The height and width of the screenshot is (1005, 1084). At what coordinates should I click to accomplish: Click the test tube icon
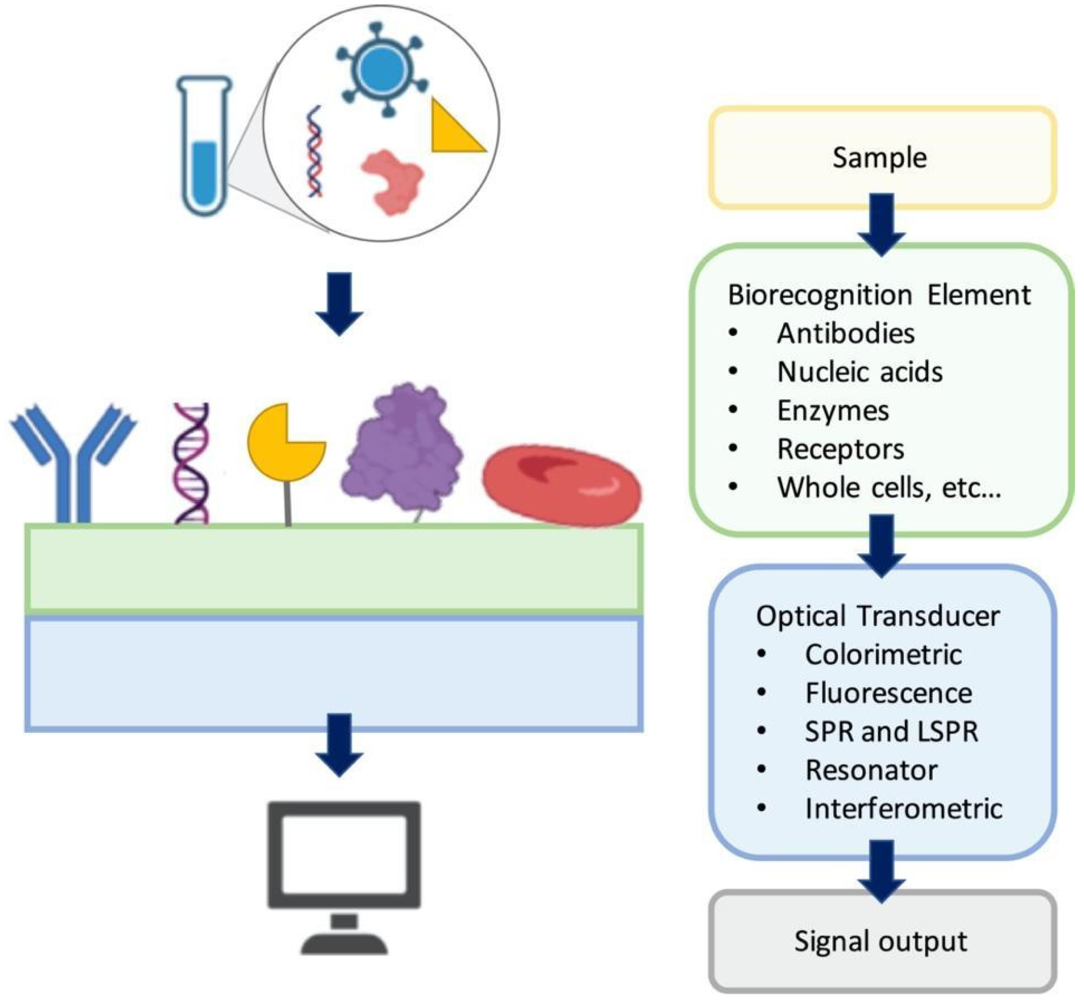(204, 146)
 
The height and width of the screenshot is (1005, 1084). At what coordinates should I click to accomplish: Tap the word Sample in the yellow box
(880, 158)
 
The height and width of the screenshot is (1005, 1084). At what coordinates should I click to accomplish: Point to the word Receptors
(840, 449)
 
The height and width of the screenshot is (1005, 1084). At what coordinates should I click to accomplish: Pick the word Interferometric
(903, 809)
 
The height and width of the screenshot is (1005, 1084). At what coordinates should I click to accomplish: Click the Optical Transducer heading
(878, 616)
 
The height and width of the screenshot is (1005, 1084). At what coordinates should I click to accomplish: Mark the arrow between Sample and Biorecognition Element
(881, 224)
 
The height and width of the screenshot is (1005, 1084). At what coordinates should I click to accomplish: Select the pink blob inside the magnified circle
(393, 182)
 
